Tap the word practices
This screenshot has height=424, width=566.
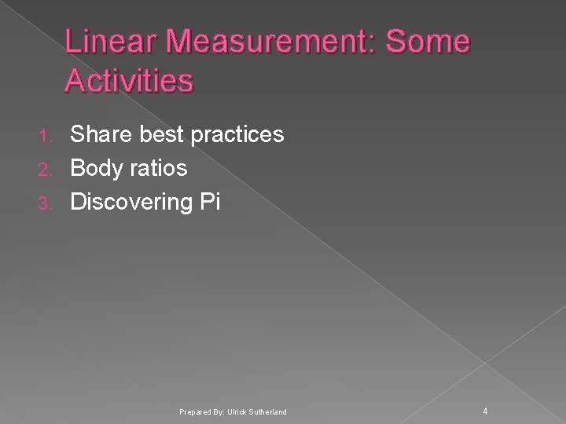(235, 135)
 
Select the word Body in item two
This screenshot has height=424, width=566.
(94, 169)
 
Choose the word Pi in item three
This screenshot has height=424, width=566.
(210, 203)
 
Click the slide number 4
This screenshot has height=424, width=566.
(486, 411)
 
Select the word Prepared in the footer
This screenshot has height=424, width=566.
(194, 412)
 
